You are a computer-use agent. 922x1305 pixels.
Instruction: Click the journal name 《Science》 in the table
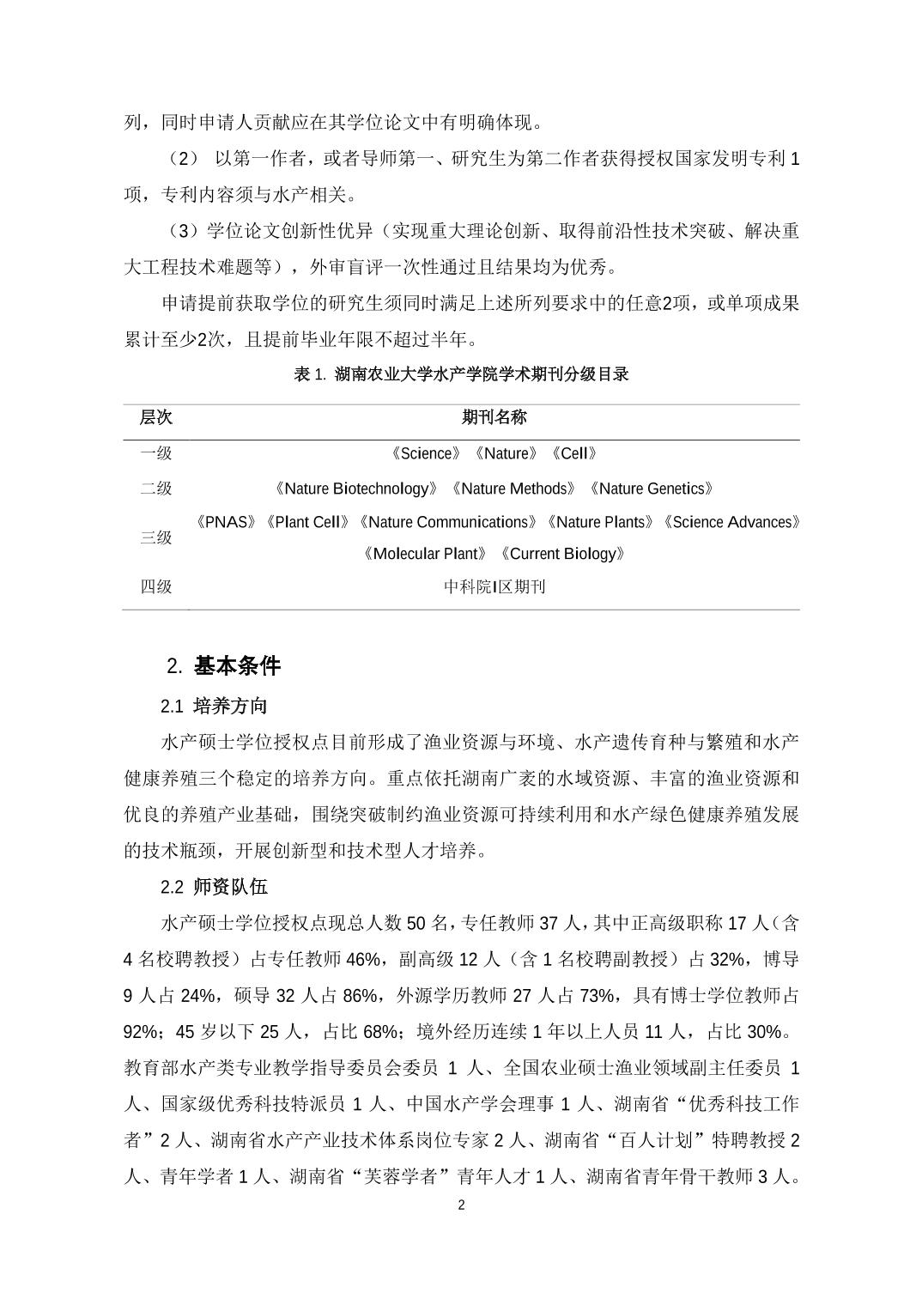pyautogui.click(x=426, y=453)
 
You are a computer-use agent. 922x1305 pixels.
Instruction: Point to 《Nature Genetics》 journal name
pyautogui.click(x=651, y=489)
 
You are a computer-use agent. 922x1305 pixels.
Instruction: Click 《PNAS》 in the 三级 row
pyautogui.click(x=225, y=522)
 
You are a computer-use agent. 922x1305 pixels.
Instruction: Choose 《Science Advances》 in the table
pyautogui.click(x=732, y=522)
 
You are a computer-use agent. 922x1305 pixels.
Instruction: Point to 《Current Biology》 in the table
pyautogui.click(x=562, y=554)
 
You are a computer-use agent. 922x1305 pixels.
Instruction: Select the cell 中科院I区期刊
pyautogui.click(x=494, y=587)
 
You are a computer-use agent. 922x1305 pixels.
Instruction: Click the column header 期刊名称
pyautogui.click(x=494, y=418)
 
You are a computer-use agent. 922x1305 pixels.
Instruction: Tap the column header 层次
pyautogui.click(x=156, y=418)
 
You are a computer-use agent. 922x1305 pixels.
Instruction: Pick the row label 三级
pyautogui.click(x=156, y=538)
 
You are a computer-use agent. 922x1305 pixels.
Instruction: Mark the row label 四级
pyautogui.click(x=156, y=587)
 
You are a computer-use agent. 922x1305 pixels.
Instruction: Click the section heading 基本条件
pyautogui.click(x=237, y=665)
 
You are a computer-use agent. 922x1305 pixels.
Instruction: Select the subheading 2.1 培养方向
pyautogui.click(x=214, y=707)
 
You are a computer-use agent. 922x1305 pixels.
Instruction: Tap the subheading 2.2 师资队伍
pyautogui.click(x=214, y=887)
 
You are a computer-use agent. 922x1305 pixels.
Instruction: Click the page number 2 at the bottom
pyautogui.click(x=461, y=1205)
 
